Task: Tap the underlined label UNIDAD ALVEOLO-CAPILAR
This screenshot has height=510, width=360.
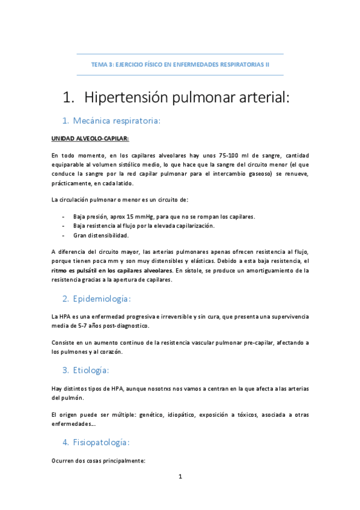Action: [90, 139]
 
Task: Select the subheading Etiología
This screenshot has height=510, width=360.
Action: [92, 369]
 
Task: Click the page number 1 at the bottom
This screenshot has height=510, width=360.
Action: [180, 477]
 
